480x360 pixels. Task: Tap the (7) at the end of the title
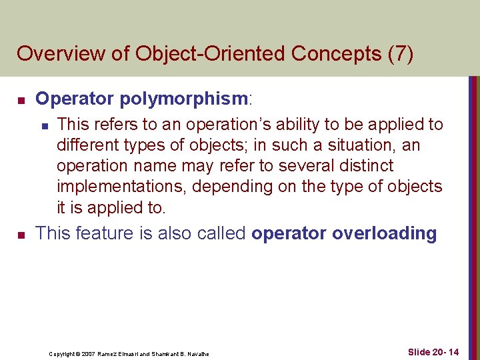tap(399, 53)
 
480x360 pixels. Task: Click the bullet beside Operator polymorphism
tap(21, 101)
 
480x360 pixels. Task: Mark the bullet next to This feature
tap(21, 235)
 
